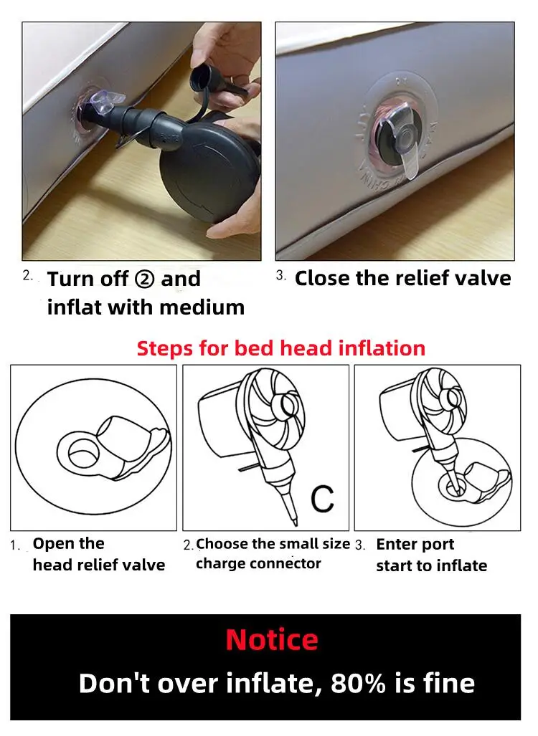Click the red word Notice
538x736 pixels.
[272, 639]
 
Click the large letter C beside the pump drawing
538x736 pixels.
[322, 499]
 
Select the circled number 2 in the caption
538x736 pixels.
[144, 279]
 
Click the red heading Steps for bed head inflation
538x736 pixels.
[281, 348]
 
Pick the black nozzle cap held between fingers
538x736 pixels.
[203, 80]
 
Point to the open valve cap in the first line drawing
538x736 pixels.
[133, 443]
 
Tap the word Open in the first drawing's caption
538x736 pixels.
[55, 544]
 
